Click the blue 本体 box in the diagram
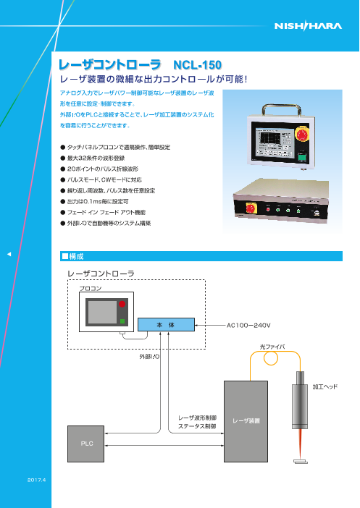[166, 326]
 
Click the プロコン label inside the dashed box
[91, 288]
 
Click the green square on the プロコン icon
[122, 320]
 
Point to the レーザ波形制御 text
[197, 418]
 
